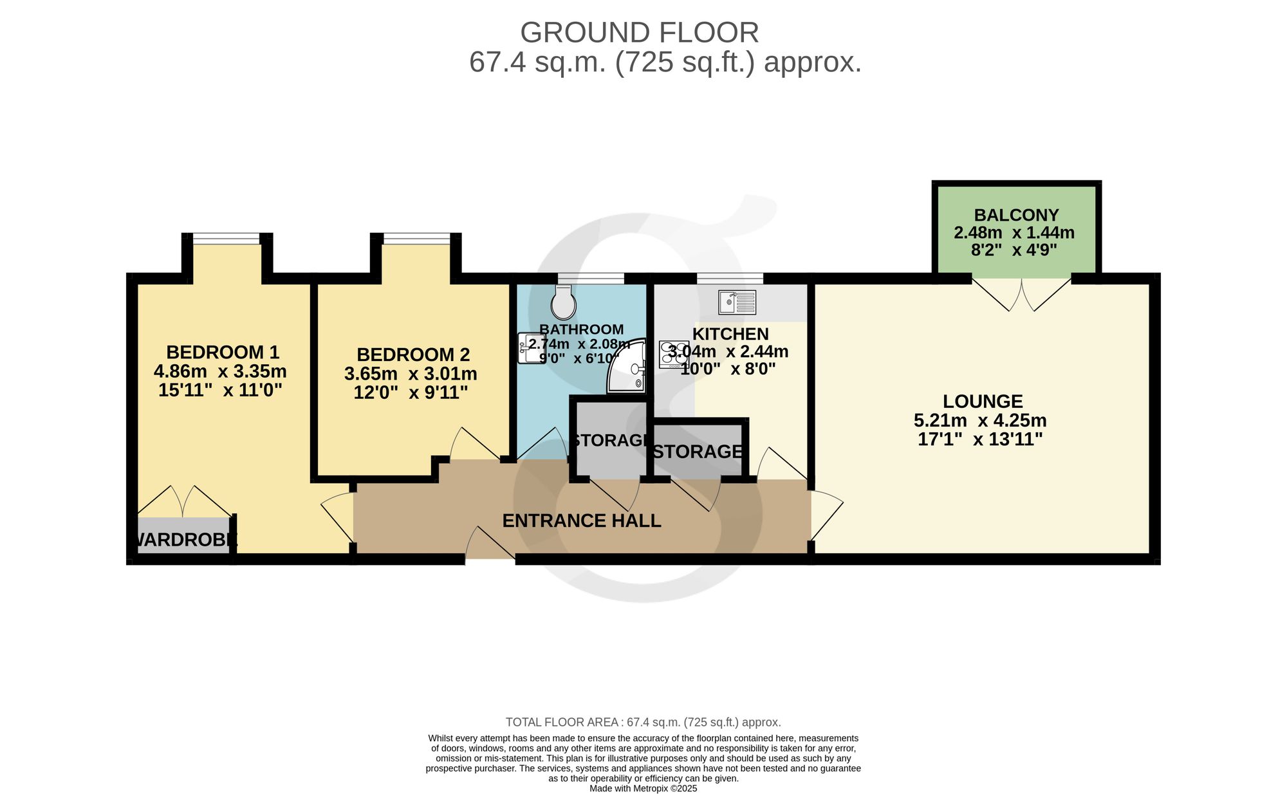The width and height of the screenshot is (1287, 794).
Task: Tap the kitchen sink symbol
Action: (737, 302)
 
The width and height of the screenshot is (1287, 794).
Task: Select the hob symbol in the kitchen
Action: (673, 355)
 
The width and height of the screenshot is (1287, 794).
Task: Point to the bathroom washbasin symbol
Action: (531, 348)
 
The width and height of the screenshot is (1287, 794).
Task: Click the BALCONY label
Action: (1016, 215)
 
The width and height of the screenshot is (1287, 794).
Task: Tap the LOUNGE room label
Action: (983, 402)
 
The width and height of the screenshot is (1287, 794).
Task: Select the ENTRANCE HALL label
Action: (582, 521)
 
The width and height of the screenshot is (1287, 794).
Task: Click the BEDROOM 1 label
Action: (223, 352)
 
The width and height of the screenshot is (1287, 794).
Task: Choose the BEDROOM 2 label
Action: (413, 355)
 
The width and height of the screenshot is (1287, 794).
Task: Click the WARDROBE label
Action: (184, 540)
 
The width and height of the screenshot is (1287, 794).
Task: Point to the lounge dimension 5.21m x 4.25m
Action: (980, 421)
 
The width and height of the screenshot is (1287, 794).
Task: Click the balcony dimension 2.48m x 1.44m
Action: (1014, 232)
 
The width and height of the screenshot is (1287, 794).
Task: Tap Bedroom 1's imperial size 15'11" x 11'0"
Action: (221, 390)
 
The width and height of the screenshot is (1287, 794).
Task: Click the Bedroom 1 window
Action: (227, 239)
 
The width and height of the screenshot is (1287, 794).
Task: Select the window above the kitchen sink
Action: (730, 278)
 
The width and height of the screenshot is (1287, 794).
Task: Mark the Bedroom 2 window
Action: (417, 239)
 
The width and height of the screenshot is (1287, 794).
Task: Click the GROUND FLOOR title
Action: (640, 32)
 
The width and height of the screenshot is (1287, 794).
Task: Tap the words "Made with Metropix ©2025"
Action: (643, 788)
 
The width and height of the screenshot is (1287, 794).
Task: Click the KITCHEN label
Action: (730, 334)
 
